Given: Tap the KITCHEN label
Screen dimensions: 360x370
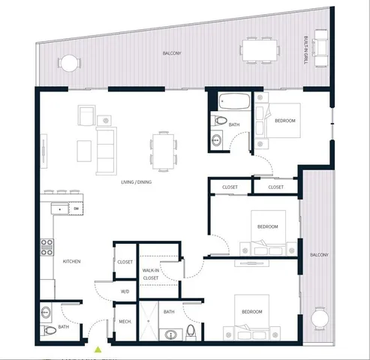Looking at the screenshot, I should click(x=72, y=262).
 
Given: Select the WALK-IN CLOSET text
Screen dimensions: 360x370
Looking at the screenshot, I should click(x=151, y=274).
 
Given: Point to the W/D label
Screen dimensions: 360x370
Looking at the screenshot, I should click(x=125, y=291).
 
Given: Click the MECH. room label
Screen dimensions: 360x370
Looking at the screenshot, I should click(x=125, y=322).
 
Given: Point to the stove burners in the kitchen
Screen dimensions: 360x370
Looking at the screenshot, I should click(x=47, y=247).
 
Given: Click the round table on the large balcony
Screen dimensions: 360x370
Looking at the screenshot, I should click(x=69, y=63).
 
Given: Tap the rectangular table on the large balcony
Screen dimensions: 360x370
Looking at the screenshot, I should click(x=260, y=49).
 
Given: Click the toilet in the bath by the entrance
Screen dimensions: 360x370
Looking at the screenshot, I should click(x=50, y=328).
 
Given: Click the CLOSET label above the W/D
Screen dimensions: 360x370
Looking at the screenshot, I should click(x=125, y=262).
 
